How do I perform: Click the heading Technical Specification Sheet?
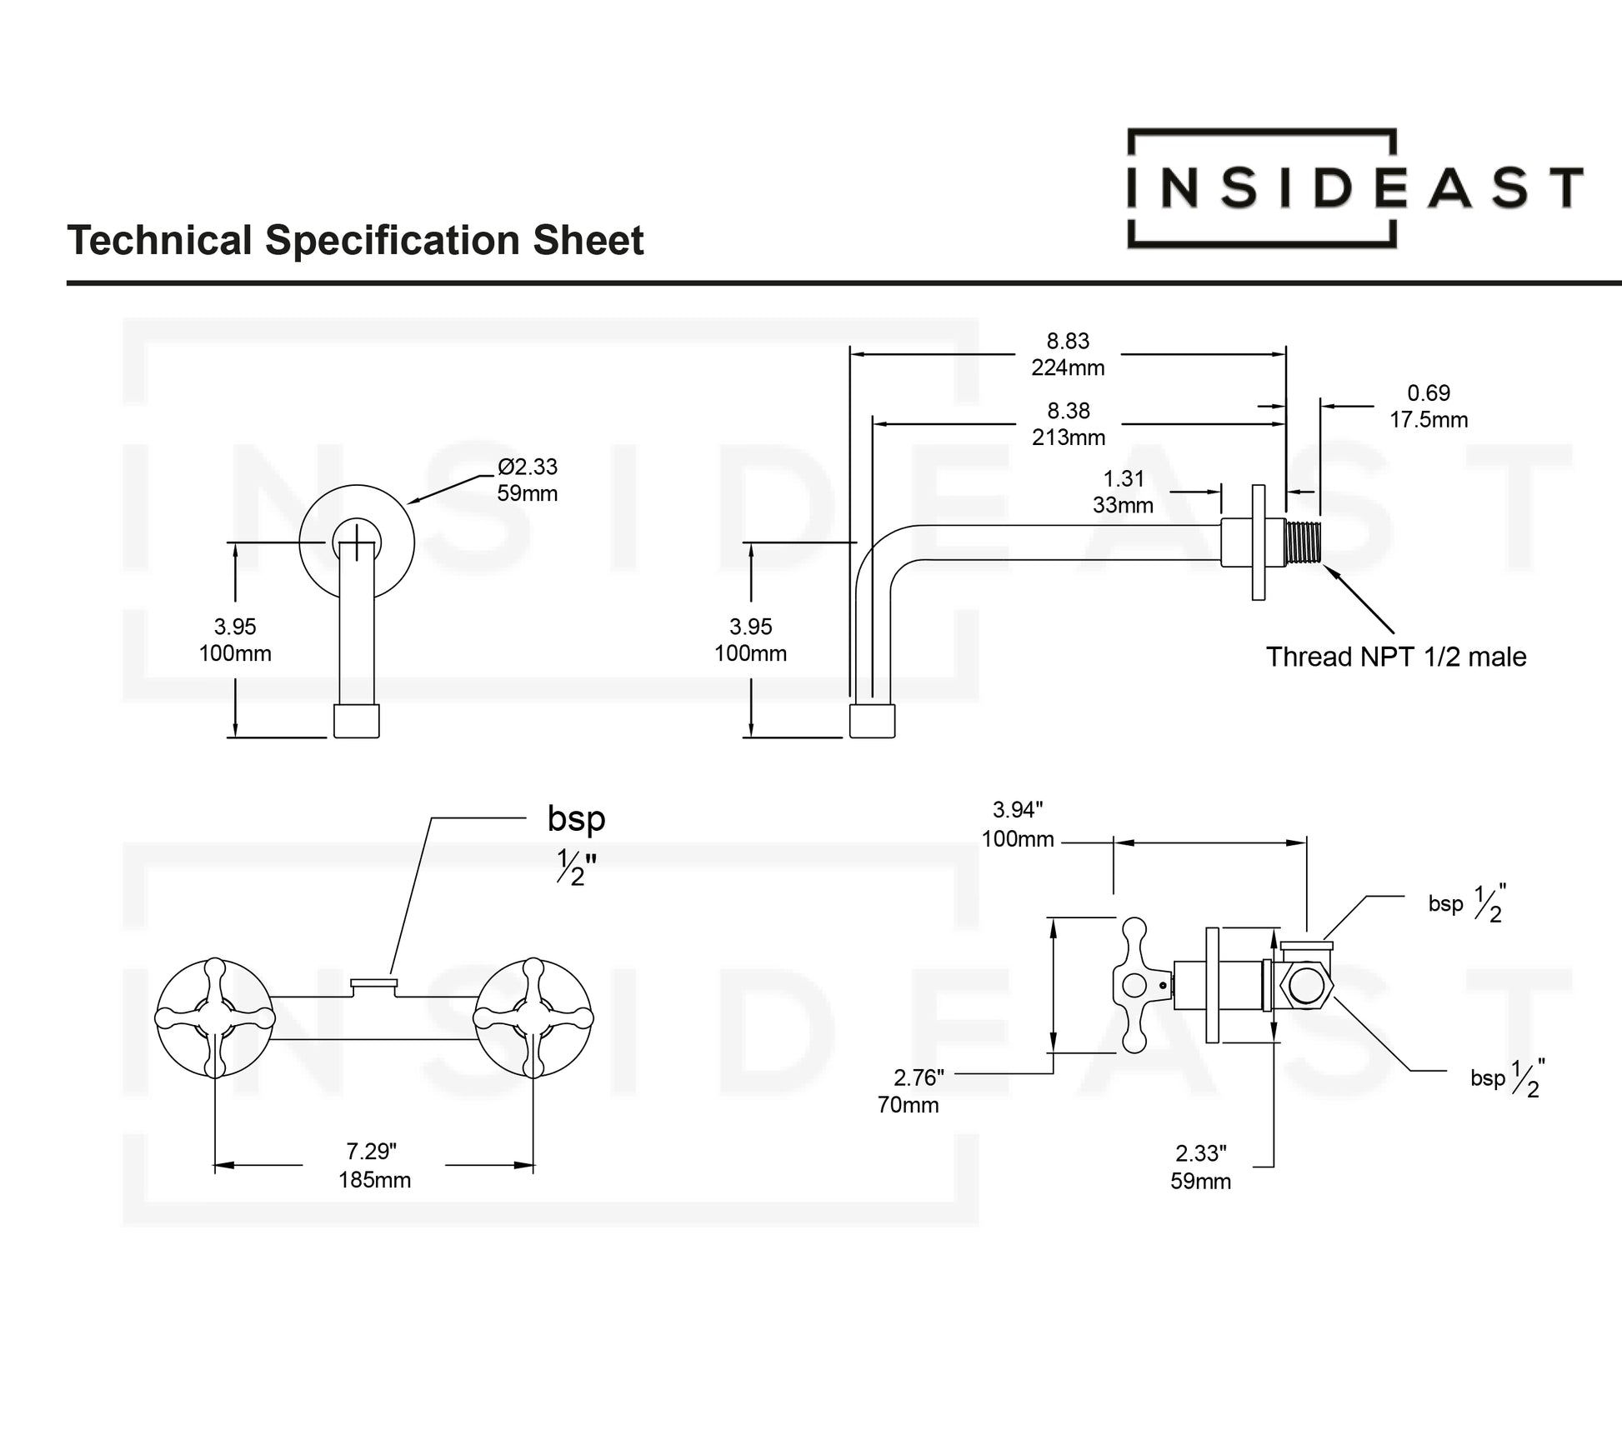pyautogui.click(x=355, y=241)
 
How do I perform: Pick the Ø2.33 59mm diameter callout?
pyautogui.click(x=527, y=480)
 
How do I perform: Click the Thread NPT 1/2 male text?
pyautogui.click(x=1396, y=657)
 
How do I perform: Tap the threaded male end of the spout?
pyautogui.click(x=1303, y=542)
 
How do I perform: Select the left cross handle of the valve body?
pyautogui.click(x=215, y=1018)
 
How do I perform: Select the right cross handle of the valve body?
pyautogui.click(x=533, y=1018)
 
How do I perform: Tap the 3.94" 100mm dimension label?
pyautogui.click(x=1018, y=825)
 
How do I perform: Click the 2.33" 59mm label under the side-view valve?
pyautogui.click(x=1200, y=1167)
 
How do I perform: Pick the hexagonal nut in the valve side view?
pyautogui.click(x=1306, y=985)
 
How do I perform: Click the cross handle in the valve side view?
pyautogui.click(x=1135, y=985)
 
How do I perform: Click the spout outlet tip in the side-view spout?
pyautogui.click(x=872, y=721)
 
